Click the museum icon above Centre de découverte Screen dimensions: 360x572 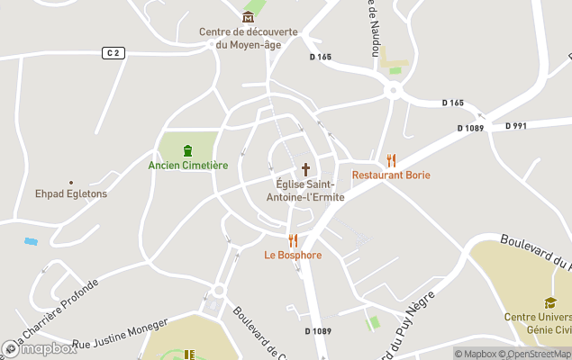coord(250,17)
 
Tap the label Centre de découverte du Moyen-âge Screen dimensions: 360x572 coord(249,38)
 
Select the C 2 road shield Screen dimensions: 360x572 coord(112,53)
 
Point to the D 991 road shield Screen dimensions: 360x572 coord(516,126)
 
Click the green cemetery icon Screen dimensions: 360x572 coord(187,150)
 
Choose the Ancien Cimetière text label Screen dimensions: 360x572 coord(188,166)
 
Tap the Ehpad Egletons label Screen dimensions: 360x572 coord(71,193)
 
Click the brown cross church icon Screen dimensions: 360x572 coord(305,169)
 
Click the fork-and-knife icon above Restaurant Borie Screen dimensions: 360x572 coord(391,160)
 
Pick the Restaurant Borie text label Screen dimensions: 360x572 coord(391,175)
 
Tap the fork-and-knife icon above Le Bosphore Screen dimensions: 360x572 coord(293,240)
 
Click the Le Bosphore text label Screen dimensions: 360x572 coord(293,255)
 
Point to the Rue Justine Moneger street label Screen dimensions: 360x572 coord(120,333)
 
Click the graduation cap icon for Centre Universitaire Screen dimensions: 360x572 coord(549,302)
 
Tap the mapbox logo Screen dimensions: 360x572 coord(40,348)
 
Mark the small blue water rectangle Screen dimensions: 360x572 coord(32,242)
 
